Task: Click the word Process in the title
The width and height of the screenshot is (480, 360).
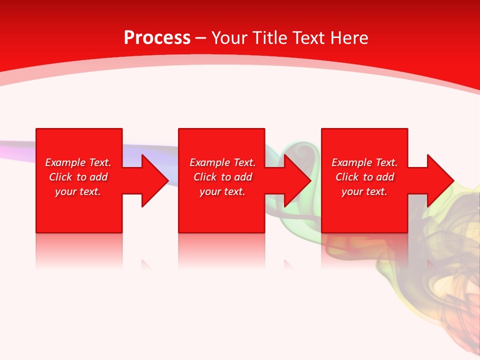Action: pyautogui.click(x=157, y=38)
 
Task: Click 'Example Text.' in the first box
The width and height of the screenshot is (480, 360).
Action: pyautogui.click(x=78, y=162)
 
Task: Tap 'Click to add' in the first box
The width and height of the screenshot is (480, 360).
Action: pyautogui.click(x=78, y=177)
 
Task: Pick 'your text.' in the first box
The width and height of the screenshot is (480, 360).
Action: pyautogui.click(x=78, y=191)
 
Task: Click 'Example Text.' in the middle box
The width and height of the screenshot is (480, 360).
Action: pyautogui.click(x=222, y=162)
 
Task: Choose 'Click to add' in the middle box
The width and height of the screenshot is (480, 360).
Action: pyautogui.click(x=222, y=177)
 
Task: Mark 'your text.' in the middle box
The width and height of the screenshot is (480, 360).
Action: pyautogui.click(x=222, y=191)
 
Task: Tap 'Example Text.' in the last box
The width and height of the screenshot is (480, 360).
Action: pyautogui.click(x=364, y=162)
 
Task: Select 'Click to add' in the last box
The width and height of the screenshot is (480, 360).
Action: pyautogui.click(x=364, y=177)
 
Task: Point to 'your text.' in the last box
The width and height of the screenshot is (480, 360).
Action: pyautogui.click(x=364, y=191)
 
